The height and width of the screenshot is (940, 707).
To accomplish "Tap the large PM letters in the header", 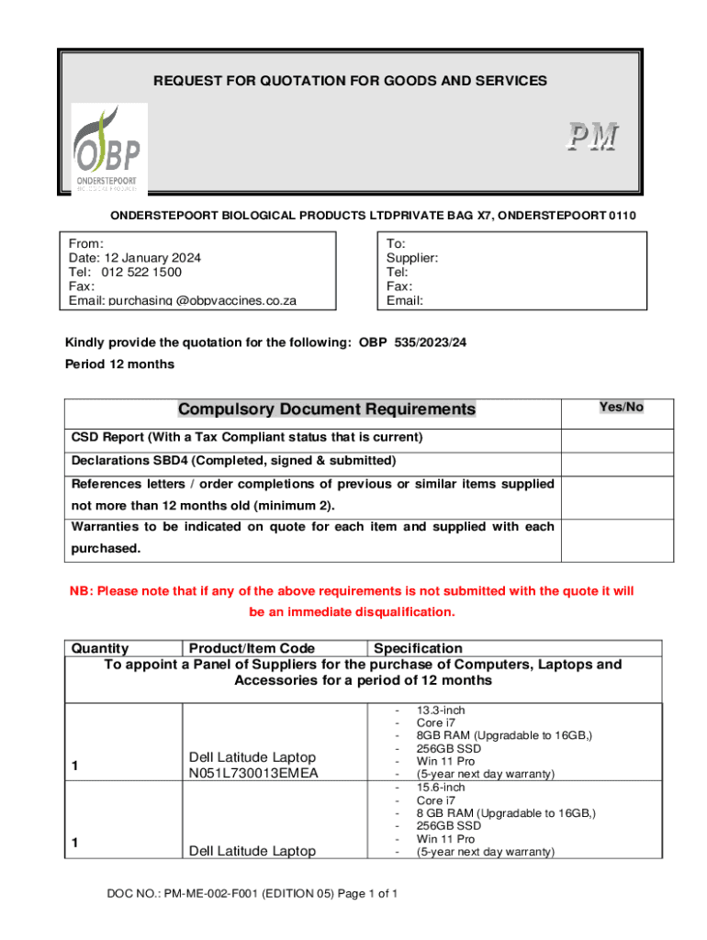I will coord(590,138).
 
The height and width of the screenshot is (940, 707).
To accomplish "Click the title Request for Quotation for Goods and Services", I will coord(350,81).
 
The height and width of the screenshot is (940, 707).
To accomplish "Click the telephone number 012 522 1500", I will coord(141,272).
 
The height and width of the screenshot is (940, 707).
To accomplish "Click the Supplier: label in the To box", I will coord(412,258).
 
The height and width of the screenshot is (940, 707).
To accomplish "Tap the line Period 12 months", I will coord(119,364).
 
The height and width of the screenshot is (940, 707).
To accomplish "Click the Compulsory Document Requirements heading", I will coord(327,409).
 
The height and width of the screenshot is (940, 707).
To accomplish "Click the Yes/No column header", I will coord(621,407).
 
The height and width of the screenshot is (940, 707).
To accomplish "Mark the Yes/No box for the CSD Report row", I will coord(617,438).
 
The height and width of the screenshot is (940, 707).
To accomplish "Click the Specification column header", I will coord(418,649).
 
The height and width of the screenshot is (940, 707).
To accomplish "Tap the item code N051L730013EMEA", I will coord(253,773).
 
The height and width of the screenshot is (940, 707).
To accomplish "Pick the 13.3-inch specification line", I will coord(441,711).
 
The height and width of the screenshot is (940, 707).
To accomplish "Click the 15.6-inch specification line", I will coord(441,788).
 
